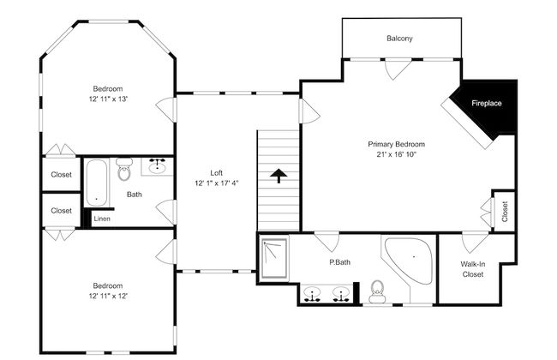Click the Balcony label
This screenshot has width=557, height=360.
click(x=399, y=39)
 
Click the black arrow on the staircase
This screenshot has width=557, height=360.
click(x=278, y=176)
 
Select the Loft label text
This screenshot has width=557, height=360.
click(x=216, y=173)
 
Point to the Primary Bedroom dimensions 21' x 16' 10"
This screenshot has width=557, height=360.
click(x=396, y=154)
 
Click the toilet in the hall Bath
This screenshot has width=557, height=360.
click(x=124, y=169)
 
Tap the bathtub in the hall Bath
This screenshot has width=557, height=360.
click(x=96, y=183)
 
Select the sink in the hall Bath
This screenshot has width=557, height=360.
click(x=157, y=166)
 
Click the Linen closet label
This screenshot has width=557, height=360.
click(x=102, y=219)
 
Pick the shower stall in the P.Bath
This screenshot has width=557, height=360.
click(x=274, y=258)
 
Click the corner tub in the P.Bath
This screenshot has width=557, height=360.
click(x=410, y=261)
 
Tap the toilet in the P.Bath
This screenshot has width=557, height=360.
click(x=377, y=291)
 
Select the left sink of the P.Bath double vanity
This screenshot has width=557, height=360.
click(x=312, y=295)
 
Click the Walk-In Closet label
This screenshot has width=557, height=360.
click(x=473, y=269)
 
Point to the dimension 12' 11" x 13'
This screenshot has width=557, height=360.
click(x=108, y=99)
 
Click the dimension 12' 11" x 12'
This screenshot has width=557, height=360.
click(x=108, y=296)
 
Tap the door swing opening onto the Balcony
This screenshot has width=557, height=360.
click(x=398, y=70)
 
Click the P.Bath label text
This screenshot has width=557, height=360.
click(x=339, y=262)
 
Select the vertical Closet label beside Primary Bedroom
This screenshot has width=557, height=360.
click(x=505, y=212)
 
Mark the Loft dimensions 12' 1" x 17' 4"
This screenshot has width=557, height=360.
click(x=216, y=183)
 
